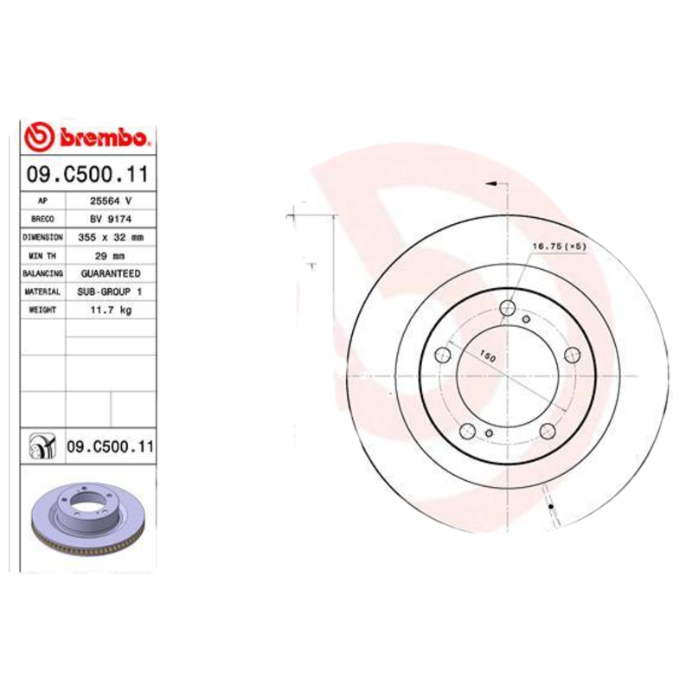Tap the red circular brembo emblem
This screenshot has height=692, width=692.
41,137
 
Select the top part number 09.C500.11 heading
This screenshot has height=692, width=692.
87,175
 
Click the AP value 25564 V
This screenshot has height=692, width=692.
111,201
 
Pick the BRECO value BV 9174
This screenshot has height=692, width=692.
111,219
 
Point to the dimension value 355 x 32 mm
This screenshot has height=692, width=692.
111,236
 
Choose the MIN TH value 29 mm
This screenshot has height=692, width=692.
111,255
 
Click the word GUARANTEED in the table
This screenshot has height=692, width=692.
111,273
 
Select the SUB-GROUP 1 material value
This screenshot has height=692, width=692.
111,292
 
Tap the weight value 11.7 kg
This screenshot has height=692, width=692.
111,310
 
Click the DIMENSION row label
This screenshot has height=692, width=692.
42,236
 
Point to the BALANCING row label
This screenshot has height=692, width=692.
42,273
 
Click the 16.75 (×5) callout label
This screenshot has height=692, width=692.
559,247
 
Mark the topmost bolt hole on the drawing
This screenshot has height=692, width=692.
508,305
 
